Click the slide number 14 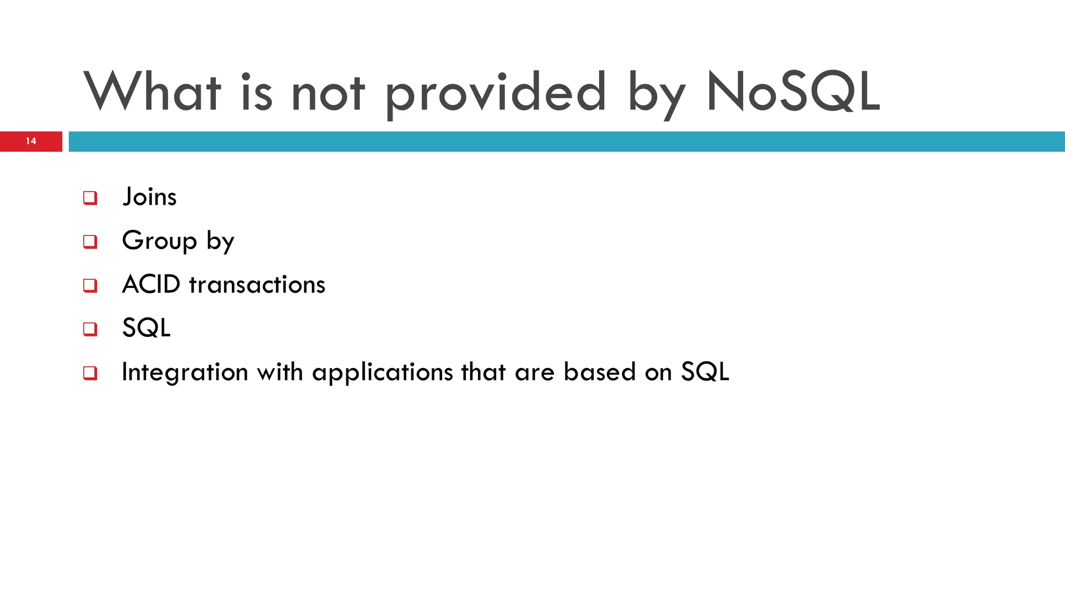(31, 141)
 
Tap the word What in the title (152, 92)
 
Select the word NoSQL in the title (793, 92)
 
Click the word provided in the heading (495, 94)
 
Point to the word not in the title (328, 94)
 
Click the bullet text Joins (149, 197)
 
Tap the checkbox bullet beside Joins (90, 198)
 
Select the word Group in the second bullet (159, 241)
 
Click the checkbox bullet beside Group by (90, 242)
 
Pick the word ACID (151, 284)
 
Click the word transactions (257, 285)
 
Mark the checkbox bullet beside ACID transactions (90, 285)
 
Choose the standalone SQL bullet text (146, 328)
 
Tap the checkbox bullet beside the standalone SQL (90, 329)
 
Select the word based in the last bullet (600, 372)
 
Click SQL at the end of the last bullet (705, 372)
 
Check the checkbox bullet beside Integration (90, 373)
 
